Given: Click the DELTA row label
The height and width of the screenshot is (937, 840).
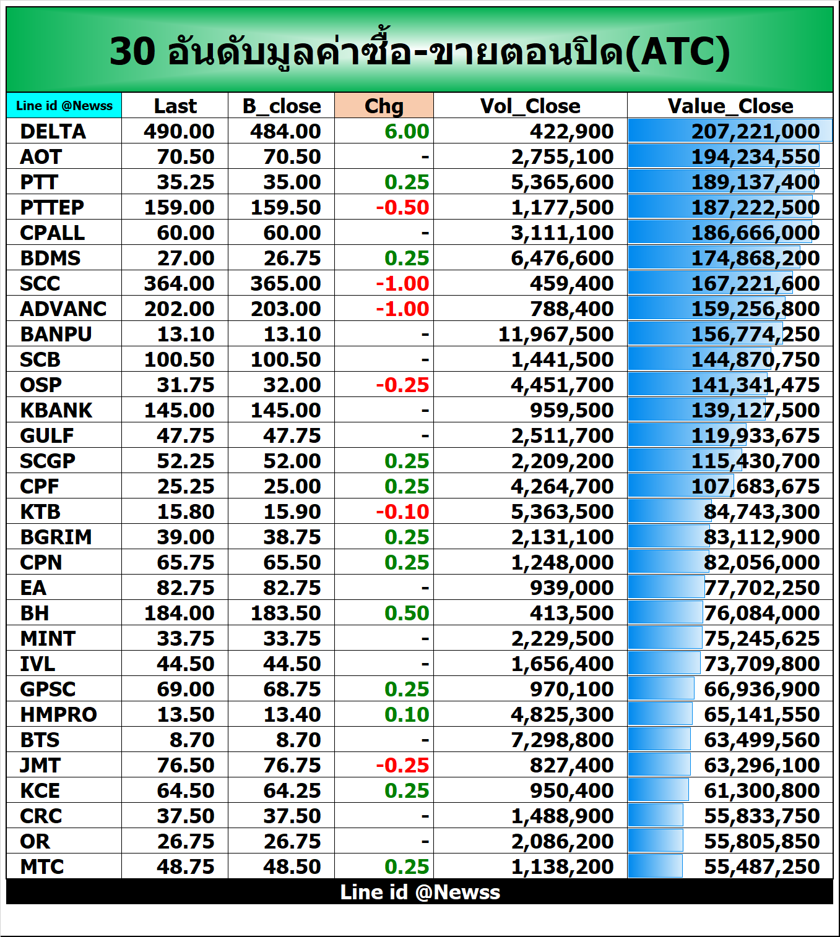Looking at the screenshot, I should tap(53, 131).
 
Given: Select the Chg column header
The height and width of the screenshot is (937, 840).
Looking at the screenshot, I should tap(384, 106).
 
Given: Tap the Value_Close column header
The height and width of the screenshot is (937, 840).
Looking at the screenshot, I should tap(730, 106).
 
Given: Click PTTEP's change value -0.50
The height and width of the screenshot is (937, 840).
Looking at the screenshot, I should tap(402, 207).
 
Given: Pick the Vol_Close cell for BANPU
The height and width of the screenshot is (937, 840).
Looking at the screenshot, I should tap(555, 334).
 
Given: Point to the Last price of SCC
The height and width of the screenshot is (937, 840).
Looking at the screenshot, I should tap(179, 283).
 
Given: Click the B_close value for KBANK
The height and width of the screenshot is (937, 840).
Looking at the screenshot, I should tap(285, 410).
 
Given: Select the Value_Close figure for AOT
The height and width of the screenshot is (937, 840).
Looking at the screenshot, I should tap(755, 156).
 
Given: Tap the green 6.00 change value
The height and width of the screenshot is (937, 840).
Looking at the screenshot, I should tap(406, 131).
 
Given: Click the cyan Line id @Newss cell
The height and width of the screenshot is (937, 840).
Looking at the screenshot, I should tap(64, 106).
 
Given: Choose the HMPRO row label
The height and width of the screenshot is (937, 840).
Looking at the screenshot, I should tap(58, 714).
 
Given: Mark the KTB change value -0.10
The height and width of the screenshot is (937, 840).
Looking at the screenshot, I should tap(402, 511).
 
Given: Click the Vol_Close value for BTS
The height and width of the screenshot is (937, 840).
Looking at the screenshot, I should tap(561, 740).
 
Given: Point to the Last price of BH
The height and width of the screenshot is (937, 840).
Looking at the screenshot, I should tap(179, 613).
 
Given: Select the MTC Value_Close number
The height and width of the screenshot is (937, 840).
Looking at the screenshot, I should tap(761, 866).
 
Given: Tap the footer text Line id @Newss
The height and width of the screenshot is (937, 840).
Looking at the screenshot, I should tap(420, 892).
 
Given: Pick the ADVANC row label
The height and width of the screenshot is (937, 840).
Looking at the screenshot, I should tap(63, 309).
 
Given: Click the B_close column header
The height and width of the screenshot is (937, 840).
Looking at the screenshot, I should tap(282, 106).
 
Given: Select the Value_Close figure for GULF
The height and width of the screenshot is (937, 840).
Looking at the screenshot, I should tap(755, 435).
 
